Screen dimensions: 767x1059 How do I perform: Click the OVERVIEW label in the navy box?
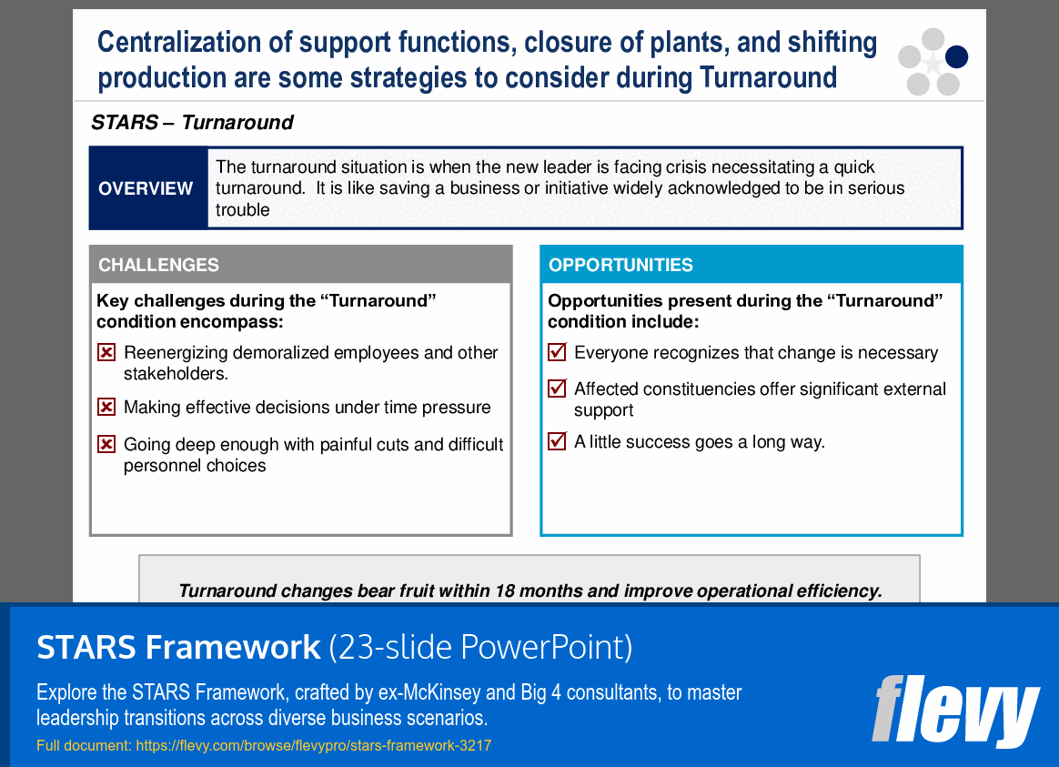[x=146, y=188]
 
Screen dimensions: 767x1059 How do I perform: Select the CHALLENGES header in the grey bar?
[x=158, y=265]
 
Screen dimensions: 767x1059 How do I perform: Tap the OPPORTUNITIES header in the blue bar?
[x=620, y=265]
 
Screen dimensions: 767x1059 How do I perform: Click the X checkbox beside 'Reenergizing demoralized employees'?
[x=106, y=353]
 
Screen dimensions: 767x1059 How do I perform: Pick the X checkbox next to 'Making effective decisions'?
[x=106, y=408]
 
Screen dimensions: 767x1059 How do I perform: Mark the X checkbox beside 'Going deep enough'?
[x=106, y=445]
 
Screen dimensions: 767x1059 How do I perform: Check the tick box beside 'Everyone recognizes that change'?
[x=557, y=352]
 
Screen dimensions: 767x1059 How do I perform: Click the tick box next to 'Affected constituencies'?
[x=557, y=389]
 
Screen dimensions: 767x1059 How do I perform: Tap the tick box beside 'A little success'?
[x=557, y=441]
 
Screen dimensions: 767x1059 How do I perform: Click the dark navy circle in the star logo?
[x=956, y=57]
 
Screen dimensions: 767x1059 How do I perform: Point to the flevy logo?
[x=954, y=710]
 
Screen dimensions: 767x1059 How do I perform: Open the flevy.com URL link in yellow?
[x=313, y=746]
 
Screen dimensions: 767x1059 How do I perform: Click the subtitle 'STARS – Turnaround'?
[x=192, y=123]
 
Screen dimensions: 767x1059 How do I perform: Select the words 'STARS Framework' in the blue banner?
[x=178, y=647]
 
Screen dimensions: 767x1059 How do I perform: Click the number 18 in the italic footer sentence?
[x=505, y=590]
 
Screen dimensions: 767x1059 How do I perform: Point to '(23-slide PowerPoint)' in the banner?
[x=479, y=647]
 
